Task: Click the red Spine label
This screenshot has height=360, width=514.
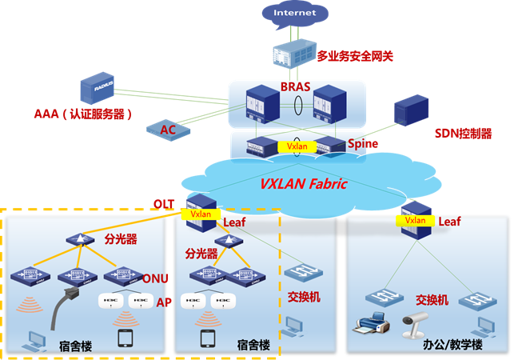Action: pyautogui.click(x=362, y=144)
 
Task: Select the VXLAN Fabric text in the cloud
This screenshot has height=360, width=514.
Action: pyautogui.click(x=304, y=184)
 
